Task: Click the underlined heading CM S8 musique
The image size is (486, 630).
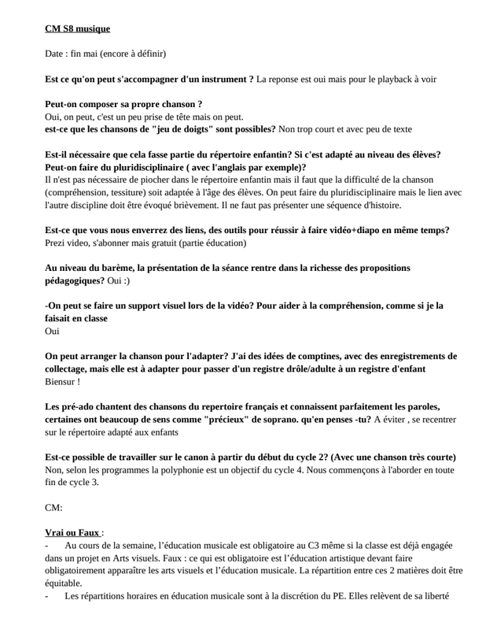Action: pos(77,29)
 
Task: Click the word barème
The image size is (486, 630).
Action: pos(116,268)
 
